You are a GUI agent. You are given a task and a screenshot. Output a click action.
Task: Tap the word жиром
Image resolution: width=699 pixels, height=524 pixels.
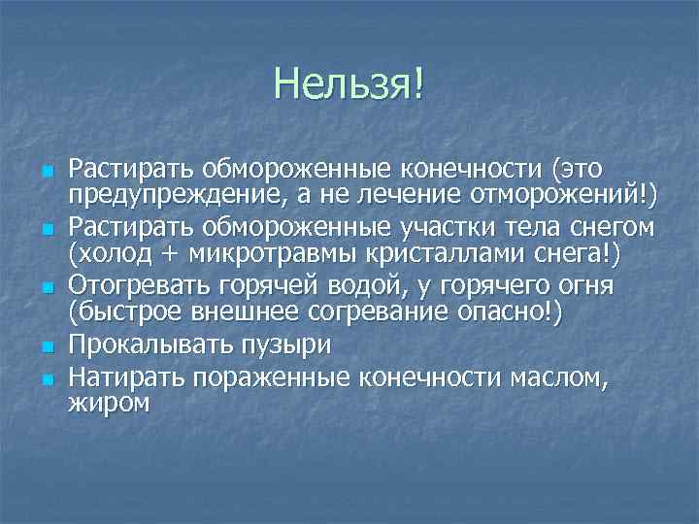[109, 403]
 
